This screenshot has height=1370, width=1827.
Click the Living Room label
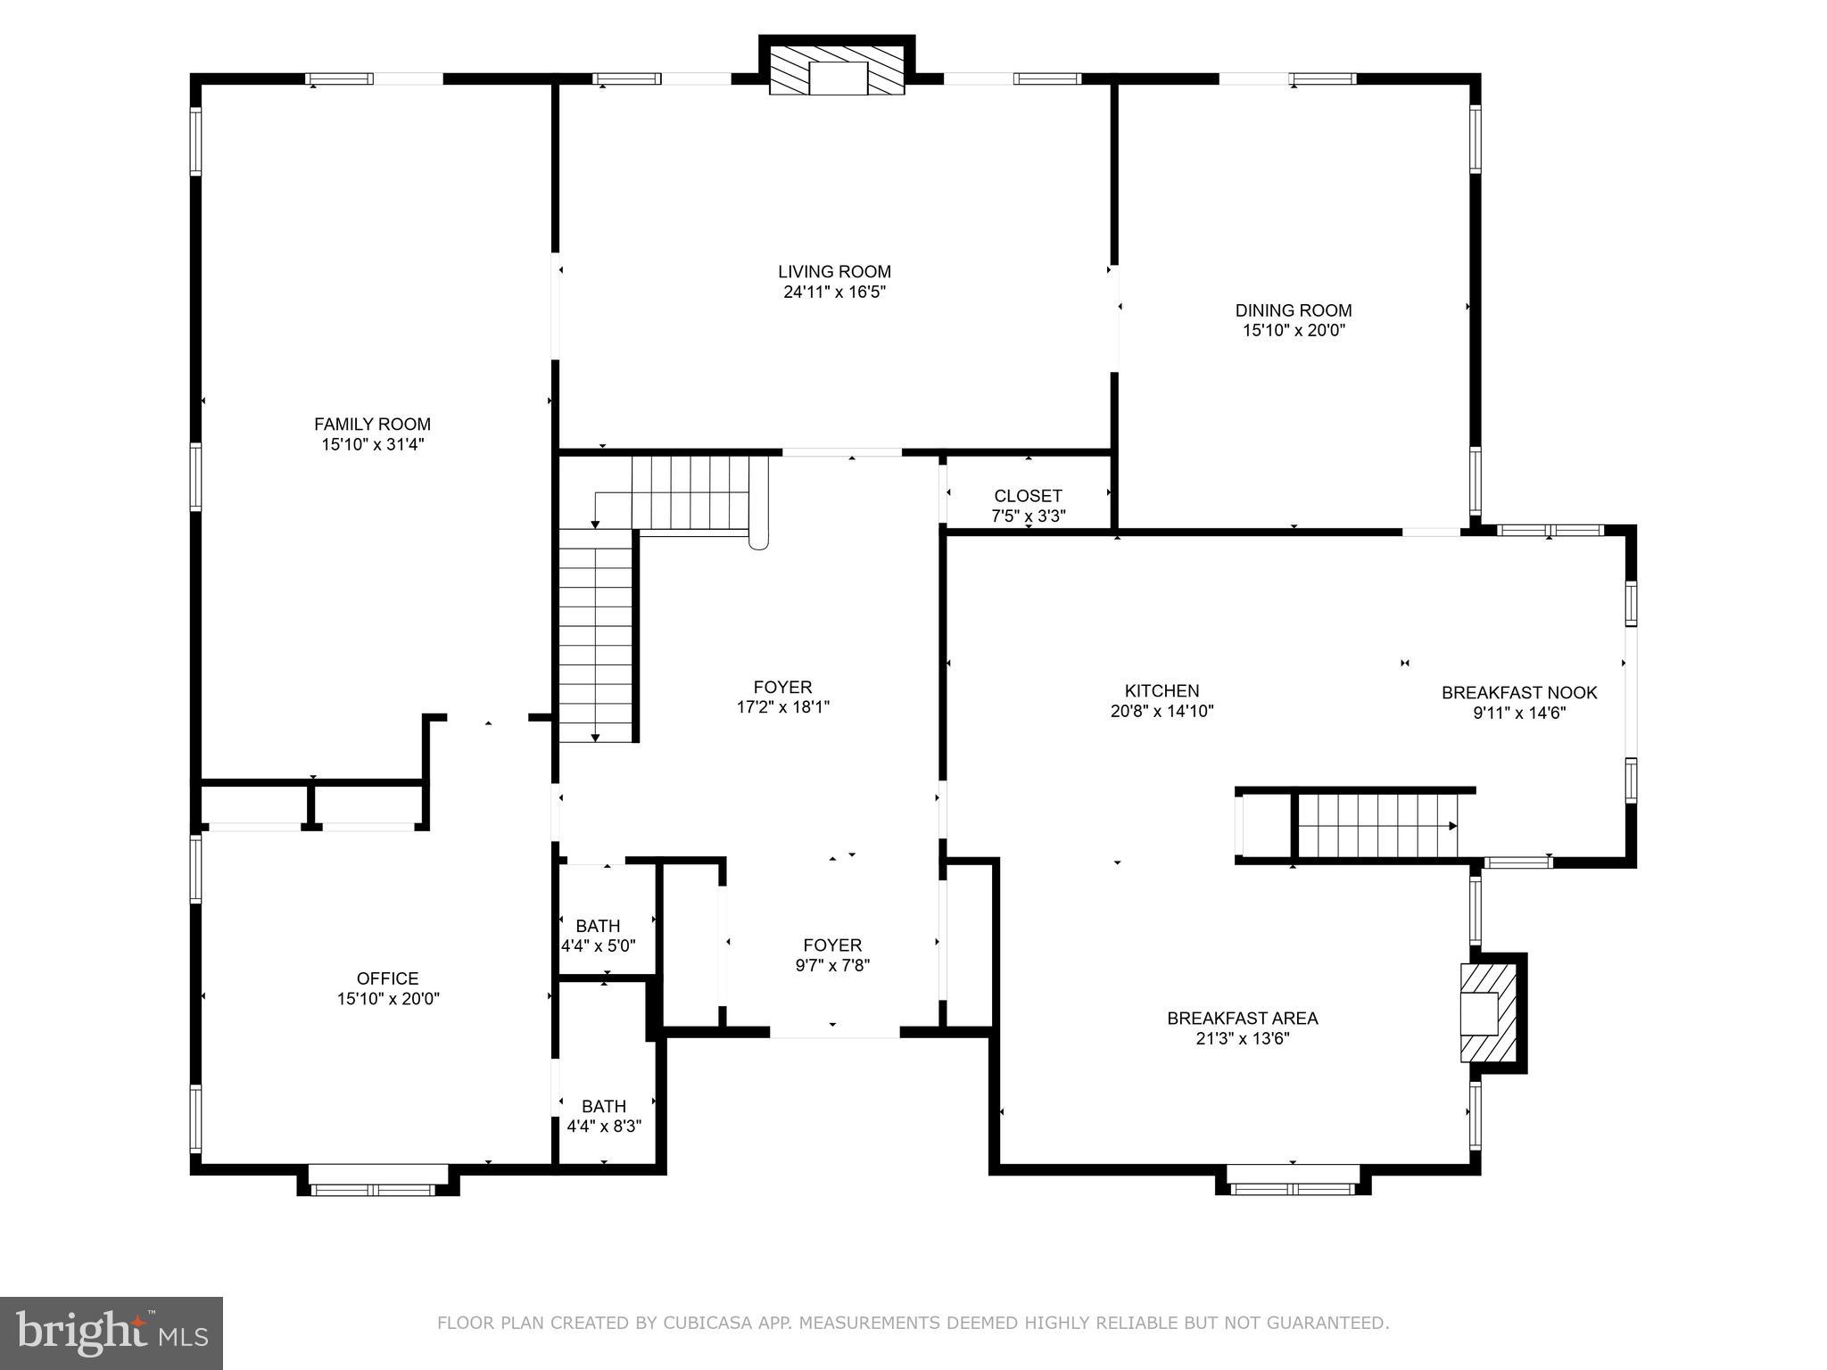pos(834,272)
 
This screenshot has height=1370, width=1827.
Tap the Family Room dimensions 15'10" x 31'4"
pos(373,444)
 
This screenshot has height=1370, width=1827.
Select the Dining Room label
pos(1294,310)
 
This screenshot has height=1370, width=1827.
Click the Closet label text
pos(1028,496)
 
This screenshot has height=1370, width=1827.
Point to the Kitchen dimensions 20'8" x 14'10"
pos(1162,711)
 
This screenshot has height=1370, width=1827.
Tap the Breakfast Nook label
pos(1519,692)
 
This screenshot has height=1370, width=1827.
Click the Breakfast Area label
pos(1242,1018)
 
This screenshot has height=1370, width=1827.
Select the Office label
pos(387,978)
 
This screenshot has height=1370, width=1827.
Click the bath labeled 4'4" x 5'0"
pos(598,935)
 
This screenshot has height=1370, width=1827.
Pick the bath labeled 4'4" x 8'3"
pos(604,1115)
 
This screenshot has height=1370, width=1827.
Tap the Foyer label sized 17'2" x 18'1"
pos(782,697)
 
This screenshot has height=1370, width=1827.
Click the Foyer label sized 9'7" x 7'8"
pos(832,954)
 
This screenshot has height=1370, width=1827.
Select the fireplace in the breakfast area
pos(1488,1012)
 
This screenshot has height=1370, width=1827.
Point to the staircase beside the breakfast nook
pos(1376,825)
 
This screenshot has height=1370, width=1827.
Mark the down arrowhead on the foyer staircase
pos(595,738)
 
